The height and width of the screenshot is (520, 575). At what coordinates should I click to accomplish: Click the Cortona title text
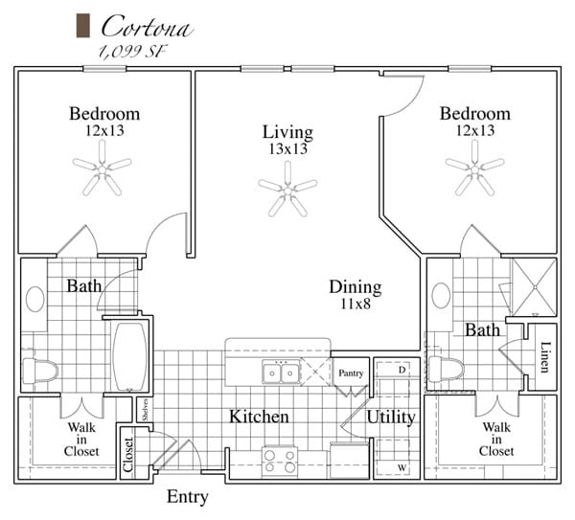146,26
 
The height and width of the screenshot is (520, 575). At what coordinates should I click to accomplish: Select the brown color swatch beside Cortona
82,26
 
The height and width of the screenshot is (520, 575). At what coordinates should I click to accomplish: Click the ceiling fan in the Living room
287,188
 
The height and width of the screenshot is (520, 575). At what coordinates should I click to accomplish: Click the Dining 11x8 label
355,295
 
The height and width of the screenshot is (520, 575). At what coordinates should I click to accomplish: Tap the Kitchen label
259,417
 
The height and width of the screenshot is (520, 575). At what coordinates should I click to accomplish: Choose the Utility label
391,417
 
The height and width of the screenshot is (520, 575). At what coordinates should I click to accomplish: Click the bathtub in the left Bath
130,357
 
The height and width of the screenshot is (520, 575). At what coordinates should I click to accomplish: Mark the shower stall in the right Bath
534,286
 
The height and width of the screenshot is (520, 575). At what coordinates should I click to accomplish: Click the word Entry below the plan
188,498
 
